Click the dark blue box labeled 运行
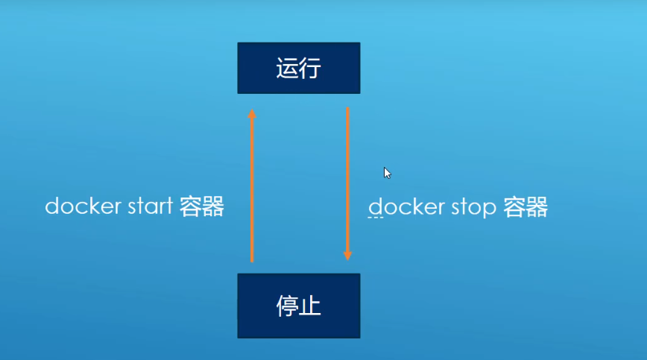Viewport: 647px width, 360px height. [298, 68]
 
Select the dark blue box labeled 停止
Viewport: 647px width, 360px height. [298, 306]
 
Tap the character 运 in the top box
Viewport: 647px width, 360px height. [287, 69]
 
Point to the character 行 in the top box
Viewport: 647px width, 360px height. [309, 69]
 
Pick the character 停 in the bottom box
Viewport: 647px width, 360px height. [287, 306]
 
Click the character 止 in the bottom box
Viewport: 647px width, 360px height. [310, 306]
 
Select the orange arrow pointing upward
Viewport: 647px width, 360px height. [252, 186]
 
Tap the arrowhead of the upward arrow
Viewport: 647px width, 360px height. [252, 114]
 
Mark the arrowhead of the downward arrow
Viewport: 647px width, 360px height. [347, 254]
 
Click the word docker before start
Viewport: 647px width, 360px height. [78, 206]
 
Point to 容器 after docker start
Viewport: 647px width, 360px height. [202, 206]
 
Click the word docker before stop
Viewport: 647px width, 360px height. [402, 206]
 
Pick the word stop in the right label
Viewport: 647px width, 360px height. [469, 207]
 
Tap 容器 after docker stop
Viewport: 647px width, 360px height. [525, 206]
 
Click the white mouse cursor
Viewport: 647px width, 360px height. [388, 173]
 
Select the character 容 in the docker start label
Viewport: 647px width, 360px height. [191, 206]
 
